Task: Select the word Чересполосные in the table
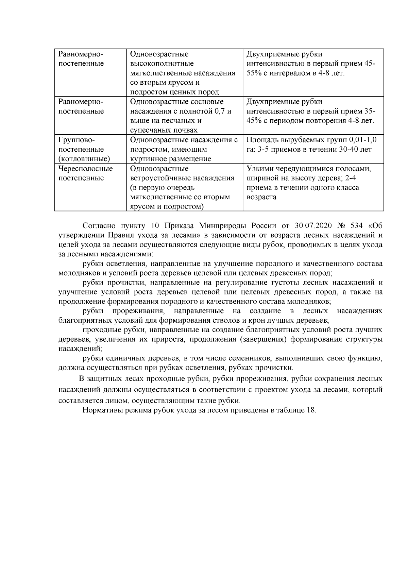click(86, 169)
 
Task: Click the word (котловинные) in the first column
click(84, 159)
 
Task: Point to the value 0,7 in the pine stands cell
click(221, 111)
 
